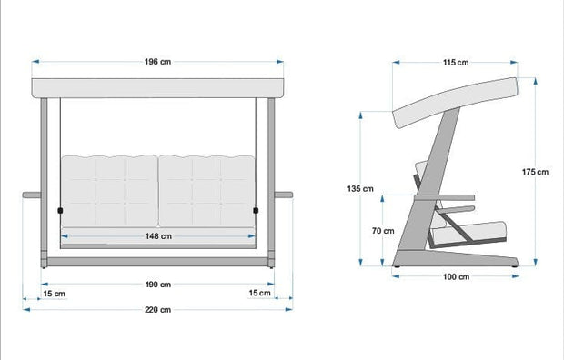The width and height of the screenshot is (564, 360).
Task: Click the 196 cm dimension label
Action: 158,62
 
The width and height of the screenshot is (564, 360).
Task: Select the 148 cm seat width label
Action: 158,236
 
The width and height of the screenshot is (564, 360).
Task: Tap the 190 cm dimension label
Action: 158,284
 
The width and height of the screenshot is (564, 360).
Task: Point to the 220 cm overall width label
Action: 158,310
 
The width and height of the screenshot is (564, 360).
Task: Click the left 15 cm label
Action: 54,293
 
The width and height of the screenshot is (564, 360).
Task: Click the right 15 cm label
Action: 260,293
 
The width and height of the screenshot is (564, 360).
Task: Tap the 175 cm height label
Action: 537,172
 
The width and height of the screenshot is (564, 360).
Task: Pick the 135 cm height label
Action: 360,189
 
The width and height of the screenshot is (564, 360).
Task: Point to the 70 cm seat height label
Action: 383,230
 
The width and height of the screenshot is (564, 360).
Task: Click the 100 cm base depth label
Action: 457,276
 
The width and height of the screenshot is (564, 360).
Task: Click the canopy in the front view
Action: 158,87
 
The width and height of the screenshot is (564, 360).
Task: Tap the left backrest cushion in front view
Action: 108,189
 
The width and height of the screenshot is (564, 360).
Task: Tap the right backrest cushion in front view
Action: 206,189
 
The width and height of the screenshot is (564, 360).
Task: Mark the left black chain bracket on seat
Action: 61,211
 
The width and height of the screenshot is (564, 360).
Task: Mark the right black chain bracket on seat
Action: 255,210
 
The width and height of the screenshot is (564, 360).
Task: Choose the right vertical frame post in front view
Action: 270,182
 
